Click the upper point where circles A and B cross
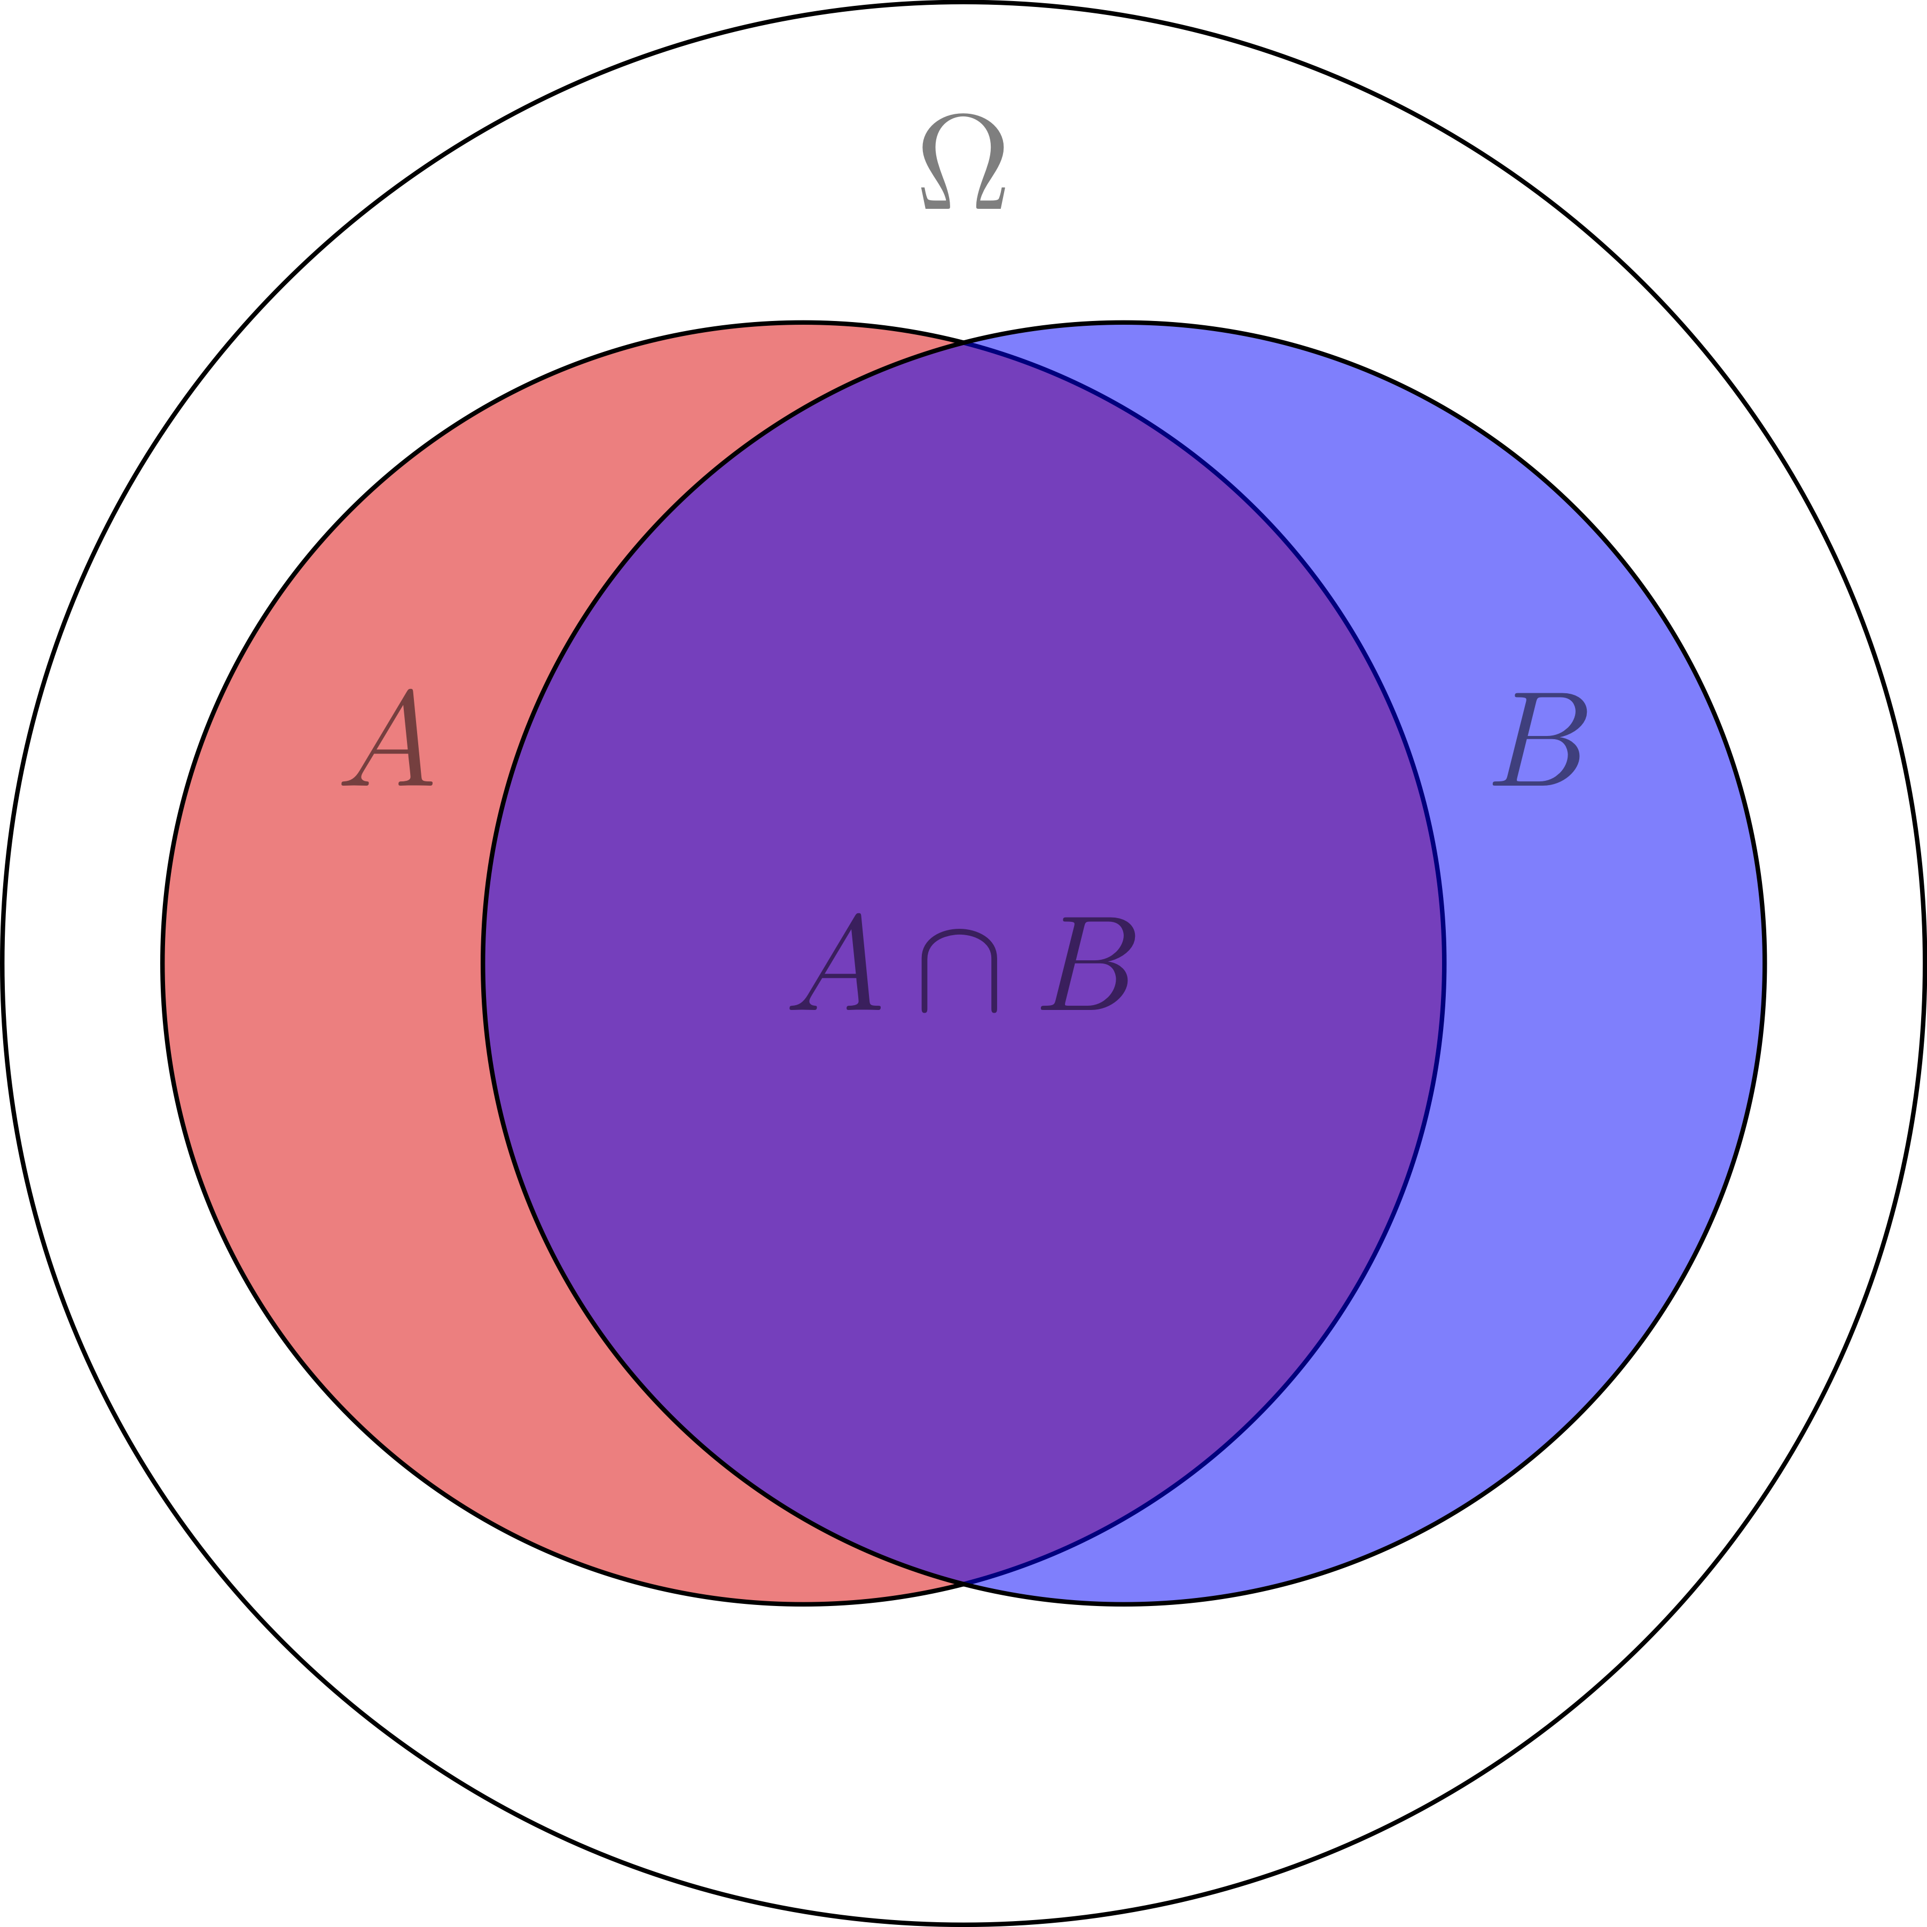click(x=963, y=342)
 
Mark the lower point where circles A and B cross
click(x=963, y=1583)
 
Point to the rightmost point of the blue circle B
click(x=1765, y=963)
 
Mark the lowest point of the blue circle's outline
click(x=1124, y=1604)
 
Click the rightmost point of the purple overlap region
click(x=1444, y=963)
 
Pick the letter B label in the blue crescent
click(x=1539, y=739)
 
